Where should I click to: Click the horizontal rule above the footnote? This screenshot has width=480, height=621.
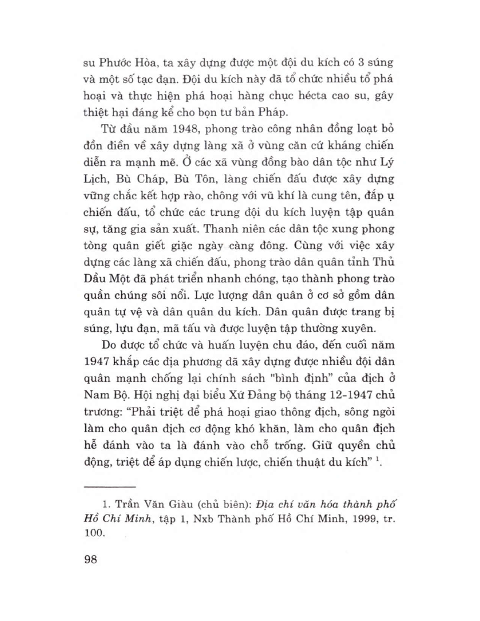pos(110,488)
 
